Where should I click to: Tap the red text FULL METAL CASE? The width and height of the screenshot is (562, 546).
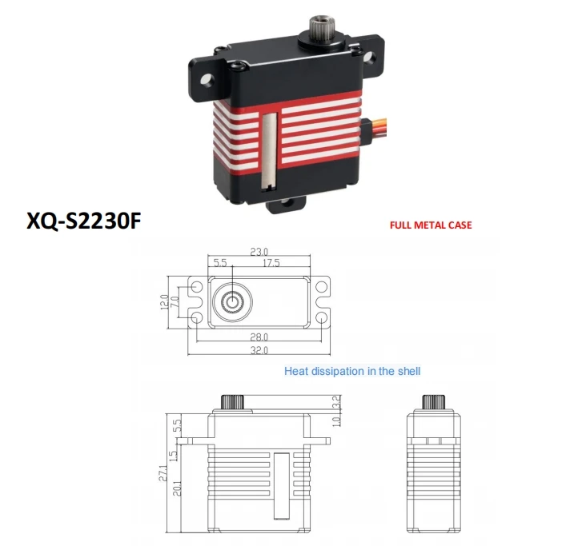tap(430, 225)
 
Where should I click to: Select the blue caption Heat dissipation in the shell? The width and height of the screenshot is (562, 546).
tap(352, 371)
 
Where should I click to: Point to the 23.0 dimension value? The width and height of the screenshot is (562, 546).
tap(259, 252)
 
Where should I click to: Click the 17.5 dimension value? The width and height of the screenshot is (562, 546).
tap(271, 262)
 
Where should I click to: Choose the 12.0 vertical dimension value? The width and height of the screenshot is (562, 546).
tap(164, 302)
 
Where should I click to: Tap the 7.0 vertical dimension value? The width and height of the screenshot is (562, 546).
tap(175, 302)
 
